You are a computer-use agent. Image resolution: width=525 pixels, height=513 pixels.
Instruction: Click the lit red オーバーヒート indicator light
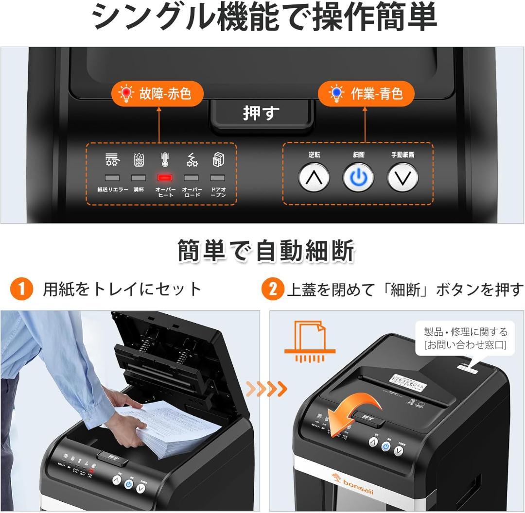(164, 178)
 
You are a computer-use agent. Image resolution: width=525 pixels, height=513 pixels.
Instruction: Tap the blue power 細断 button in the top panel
(358, 178)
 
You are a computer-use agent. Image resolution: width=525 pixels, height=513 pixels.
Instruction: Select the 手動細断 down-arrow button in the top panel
(402, 178)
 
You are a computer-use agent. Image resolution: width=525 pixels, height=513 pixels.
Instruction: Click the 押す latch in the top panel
(261, 113)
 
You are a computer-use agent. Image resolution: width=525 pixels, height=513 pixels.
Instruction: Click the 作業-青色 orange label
(366, 93)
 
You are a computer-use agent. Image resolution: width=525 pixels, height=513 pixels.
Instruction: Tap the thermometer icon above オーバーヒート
(164, 160)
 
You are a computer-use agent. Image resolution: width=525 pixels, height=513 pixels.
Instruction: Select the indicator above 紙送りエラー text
(112, 178)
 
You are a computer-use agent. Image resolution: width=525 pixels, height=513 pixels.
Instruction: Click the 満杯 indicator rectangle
(139, 178)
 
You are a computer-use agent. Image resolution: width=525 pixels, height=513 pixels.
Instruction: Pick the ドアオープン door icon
(218, 160)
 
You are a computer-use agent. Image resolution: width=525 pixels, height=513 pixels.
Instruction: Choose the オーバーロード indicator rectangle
(191, 178)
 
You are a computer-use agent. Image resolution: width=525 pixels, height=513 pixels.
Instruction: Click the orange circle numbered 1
(21, 290)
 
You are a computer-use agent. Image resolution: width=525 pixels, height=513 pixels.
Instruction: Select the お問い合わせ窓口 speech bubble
(465, 339)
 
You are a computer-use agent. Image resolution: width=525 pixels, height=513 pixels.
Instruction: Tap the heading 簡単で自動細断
(266, 251)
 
